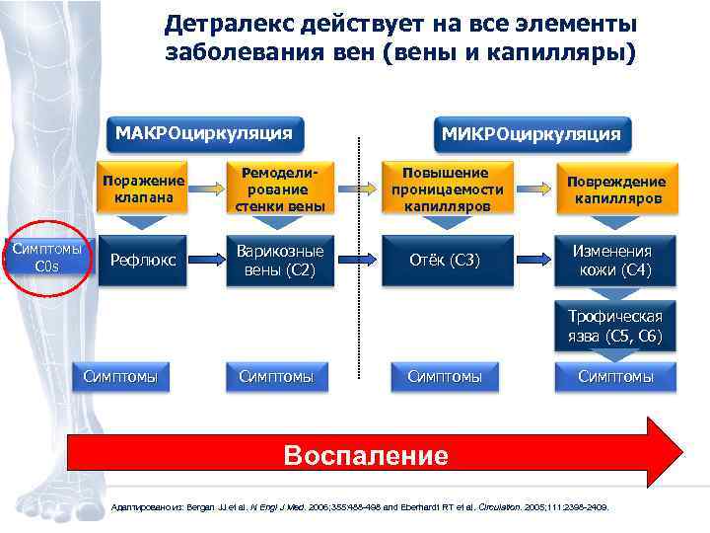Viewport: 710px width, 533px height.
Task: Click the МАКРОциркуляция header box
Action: pos(205,132)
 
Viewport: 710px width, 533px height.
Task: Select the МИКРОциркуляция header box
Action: pos(531,133)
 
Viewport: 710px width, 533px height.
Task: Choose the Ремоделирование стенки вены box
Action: pos(277,189)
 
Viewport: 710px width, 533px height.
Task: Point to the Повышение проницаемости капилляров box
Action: pos(447,189)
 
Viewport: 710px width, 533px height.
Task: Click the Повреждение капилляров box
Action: pos(616,189)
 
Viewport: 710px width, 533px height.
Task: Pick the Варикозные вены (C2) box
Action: pos(277,261)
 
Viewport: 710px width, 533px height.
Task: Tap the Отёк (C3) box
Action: pos(447,261)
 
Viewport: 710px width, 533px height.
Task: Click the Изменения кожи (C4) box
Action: pos(616,261)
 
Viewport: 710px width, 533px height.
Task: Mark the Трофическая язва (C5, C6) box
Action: pos(616,326)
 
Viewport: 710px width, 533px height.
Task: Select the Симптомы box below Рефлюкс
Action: pos(126,376)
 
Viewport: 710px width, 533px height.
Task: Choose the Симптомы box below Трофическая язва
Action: pos(616,376)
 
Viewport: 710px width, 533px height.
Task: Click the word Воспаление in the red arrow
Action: pos(365,455)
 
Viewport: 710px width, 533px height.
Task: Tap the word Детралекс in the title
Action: pos(222,23)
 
